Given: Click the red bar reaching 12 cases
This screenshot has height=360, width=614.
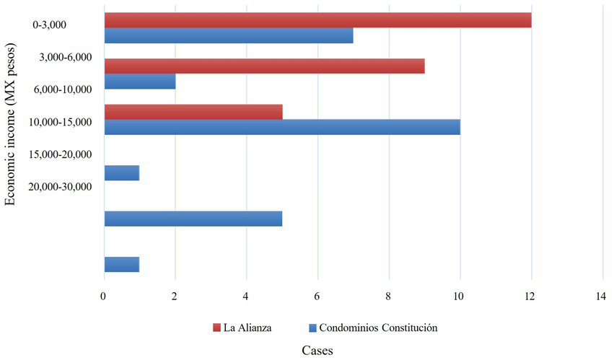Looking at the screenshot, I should pyautogui.click(x=317, y=20).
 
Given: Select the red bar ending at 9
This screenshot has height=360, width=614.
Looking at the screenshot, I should pyautogui.click(x=264, y=66).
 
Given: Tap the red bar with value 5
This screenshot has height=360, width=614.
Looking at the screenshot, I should pyautogui.click(x=193, y=112).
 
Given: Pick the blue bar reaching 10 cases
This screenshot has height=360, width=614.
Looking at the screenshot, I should pyautogui.click(x=282, y=127).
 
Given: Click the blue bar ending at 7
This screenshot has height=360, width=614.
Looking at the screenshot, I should pyautogui.click(x=229, y=35).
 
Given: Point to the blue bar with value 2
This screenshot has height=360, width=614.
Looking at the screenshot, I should pyautogui.click(x=140, y=82).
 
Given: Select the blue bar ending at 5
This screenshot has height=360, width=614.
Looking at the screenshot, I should pyautogui.click(x=193, y=218).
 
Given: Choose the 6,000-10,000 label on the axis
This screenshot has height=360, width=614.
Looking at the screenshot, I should pyautogui.click(x=64, y=89).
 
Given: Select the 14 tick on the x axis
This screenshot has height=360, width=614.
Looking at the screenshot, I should pyautogui.click(x=602, y=297).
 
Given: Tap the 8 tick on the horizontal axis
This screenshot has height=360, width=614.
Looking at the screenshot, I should pyautogui.click(x=389, y=297).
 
